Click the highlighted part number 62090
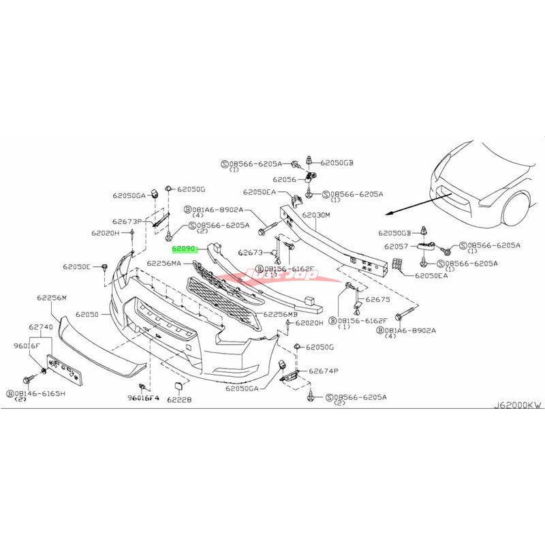(x=184, y=250)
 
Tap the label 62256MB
(x=281, y=314)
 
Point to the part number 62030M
(x=316, y=215)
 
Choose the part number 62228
(x=181, y=400)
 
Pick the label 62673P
(x=127, y=221)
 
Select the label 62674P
(x=324, y=371)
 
